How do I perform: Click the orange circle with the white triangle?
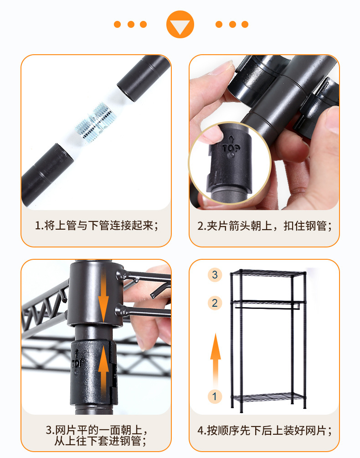[x=180, y=25]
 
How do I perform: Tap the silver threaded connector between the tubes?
[x=97, y=123]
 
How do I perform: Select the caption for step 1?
[x=96, y=226]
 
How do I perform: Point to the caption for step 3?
[x=96, y=435]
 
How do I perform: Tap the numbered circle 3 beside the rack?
[x=215, y=274]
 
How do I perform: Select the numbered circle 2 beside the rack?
[x=215, y=303]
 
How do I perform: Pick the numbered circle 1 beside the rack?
[x=215, y=396]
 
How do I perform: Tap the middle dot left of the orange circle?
[x=131, y=24]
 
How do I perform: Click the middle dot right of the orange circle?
[x=232, y=24]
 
